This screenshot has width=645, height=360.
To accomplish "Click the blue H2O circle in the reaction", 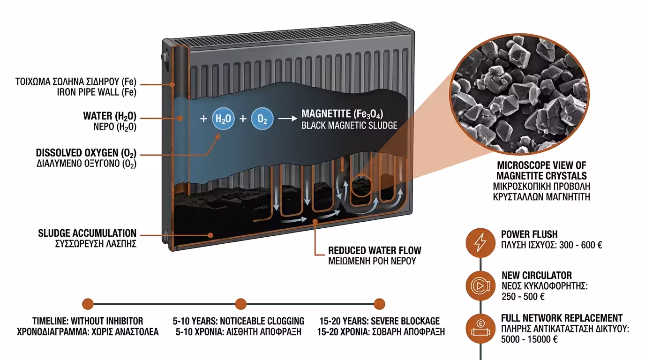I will click(223, 119).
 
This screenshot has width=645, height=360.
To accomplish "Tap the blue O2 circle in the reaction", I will click(262, 119).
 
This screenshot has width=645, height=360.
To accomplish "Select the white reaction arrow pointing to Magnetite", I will click(287, 119).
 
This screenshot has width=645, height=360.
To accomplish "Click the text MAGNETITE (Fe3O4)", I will click(345, 114).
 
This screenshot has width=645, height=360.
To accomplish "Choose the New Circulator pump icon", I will click(481, 285).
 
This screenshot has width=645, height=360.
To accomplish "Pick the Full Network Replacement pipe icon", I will click(481, 327).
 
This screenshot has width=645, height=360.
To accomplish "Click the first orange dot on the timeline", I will click(88, 304).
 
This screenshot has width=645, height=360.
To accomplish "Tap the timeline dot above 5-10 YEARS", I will click(240, 304).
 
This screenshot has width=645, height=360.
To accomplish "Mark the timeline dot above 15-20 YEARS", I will click(379, 304).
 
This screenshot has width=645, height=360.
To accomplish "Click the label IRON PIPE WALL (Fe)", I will click(97, 92).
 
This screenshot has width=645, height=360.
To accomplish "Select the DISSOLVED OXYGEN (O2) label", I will click(86, 153).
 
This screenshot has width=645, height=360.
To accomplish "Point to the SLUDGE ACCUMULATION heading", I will click(88, 233).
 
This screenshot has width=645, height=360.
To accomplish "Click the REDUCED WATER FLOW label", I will click(375, 250).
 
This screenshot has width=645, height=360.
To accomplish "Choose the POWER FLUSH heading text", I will click(529, 234).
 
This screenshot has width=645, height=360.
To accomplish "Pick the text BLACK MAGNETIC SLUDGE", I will click(349, 125).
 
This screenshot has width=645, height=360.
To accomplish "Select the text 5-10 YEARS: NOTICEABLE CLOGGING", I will click(239, 321).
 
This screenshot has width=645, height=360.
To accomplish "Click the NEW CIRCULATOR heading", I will click(537, 275).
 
